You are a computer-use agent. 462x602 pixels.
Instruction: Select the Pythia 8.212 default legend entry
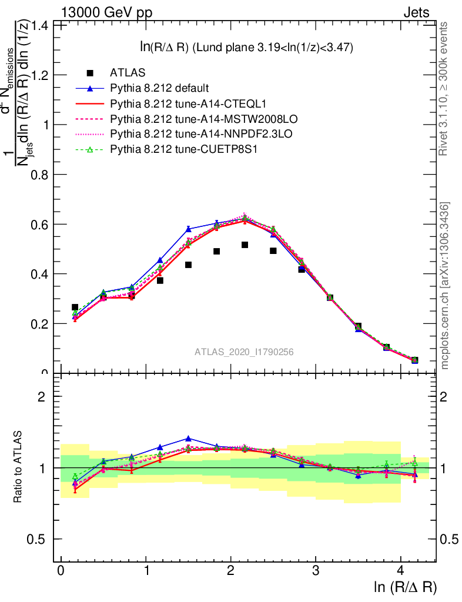point(159,89)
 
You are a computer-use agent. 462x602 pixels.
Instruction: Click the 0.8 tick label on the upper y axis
point(39,175)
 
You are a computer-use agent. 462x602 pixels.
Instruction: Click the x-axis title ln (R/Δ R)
point(405,587)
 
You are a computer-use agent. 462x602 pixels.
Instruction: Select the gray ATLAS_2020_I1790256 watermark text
point(244,352)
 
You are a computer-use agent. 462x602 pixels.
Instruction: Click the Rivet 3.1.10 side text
point(444,88)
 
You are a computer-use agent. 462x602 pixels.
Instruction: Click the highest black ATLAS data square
point(245,245)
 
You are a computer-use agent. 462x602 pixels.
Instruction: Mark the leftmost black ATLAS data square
point(75,307)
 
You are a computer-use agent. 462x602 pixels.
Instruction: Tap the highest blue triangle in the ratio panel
point(188,439)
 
